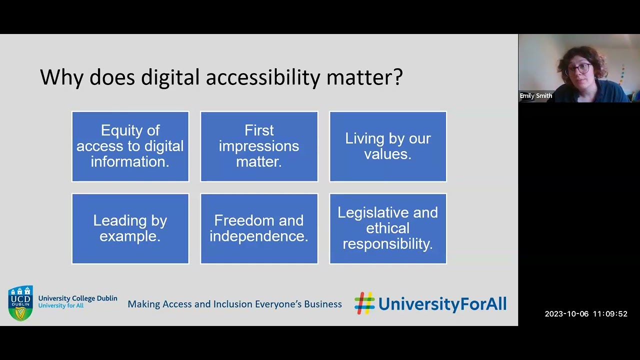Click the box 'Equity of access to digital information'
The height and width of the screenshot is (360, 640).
pyautogui.click(x=130, y=146)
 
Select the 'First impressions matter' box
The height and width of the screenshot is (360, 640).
pyautogui.click(x=259, y=146)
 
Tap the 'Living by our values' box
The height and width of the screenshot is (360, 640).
pyautogui.click(x=388, y=146)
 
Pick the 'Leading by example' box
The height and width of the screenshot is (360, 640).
pyautogui.click(x=130, y=228)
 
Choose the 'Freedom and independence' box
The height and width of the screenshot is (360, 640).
pyautogui.click(x=259, y=228)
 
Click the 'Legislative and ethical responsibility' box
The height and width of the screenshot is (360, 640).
pyautogui.click(x=388, y=228)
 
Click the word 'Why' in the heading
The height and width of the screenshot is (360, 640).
pyautogui.click(x=61, y=77)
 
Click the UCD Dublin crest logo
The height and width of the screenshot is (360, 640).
pyautogui.click(x=20, y=303)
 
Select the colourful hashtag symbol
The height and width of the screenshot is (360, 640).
pyautogui.click(x=364, y=303)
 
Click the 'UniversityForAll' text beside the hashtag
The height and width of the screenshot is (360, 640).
pyautogui.click(x=442, y=304)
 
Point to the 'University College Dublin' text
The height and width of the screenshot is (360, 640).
pyautogui.click(x=77, y=298)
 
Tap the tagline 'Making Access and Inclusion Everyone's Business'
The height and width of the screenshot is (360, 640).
pyautogui.click(x=234, y=304)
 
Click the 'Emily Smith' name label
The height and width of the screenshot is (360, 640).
pyautogui.click(x=535, y=96)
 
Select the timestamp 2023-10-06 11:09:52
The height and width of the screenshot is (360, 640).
pyautogui.click(x=585, y=314)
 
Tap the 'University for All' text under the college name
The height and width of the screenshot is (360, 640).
pyautogui.click(x=60, y=305)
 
